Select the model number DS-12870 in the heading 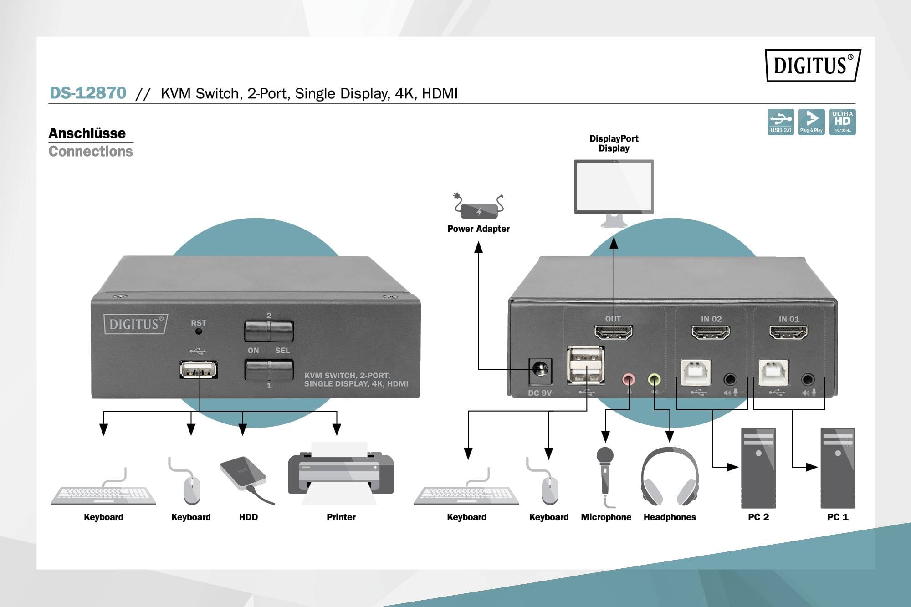coord(87,93)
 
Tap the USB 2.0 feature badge coord(780,122)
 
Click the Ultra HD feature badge coord(842,122)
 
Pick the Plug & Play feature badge coord(811,122)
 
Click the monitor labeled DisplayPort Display coord(614,188)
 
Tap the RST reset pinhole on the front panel coord(199,332)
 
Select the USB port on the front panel coord(199,369)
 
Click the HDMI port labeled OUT coord(614,332)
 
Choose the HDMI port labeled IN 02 coord(711,332)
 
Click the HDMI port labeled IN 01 coord(788,332)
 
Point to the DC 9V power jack coord(540,369)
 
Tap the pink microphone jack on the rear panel coord(629,379)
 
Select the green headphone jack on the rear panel coord(654,379)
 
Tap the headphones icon coord(670,476)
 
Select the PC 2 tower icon coord(758,468)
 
